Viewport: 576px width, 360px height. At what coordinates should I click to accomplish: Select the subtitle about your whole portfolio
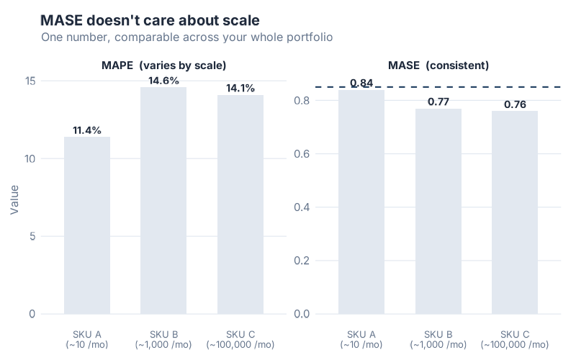point(186,37)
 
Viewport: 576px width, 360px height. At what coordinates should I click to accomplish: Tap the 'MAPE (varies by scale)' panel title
point(163,65)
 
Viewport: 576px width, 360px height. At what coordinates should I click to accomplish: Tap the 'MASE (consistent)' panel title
point(438,65)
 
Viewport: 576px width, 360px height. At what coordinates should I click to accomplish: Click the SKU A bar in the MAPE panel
point(87,225)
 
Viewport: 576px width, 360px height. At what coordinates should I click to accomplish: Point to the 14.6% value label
point(163,81)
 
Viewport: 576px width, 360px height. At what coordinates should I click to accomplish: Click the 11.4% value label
point(87,130)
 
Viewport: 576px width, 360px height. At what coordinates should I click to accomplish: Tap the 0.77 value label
point(438,102)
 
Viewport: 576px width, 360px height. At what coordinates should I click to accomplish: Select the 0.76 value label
point(515,104)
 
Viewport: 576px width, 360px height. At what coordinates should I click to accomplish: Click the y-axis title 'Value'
point(14,199)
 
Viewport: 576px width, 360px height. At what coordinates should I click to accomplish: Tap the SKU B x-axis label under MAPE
point(163,339)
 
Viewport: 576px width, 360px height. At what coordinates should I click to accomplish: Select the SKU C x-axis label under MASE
point(515,339)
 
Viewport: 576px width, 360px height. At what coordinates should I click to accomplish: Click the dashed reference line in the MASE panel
point(468,87)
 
